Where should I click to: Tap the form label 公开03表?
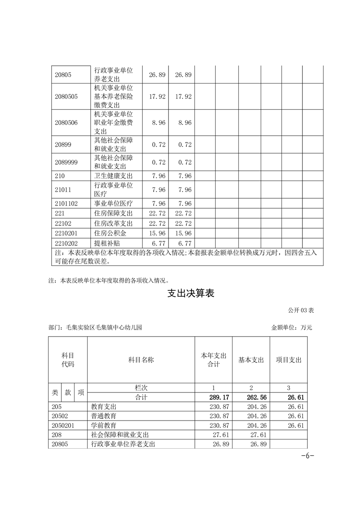[301, 310]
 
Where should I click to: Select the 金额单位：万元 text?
[292, 327]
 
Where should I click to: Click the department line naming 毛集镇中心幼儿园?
[95, 327]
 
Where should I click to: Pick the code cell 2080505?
[66, 97]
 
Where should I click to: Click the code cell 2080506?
[66, 122]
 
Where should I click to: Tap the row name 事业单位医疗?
[113, 204]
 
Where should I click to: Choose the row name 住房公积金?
[110, 233]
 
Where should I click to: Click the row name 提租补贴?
[107, 243]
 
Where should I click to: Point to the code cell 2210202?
[66, 243]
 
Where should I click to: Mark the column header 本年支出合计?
[213, 360]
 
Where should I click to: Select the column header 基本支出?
[251, 360]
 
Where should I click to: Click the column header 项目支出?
[289, 360]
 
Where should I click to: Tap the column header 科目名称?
[141, 360]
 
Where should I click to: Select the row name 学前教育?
[104, 426]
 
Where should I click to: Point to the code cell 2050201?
[63, 426]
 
